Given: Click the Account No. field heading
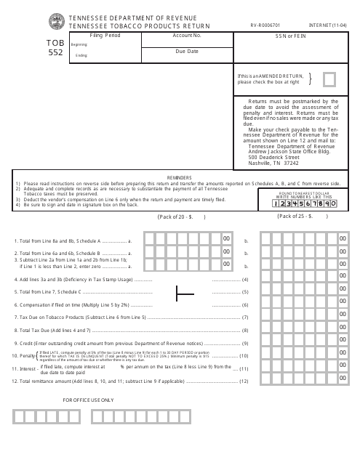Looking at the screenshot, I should click(x=188, y=34).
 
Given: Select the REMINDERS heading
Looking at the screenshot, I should click(x=180, y=175).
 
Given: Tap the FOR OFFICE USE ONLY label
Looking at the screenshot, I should click(x=89, y=400).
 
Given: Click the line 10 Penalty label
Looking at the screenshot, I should click(x=23, y=356).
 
